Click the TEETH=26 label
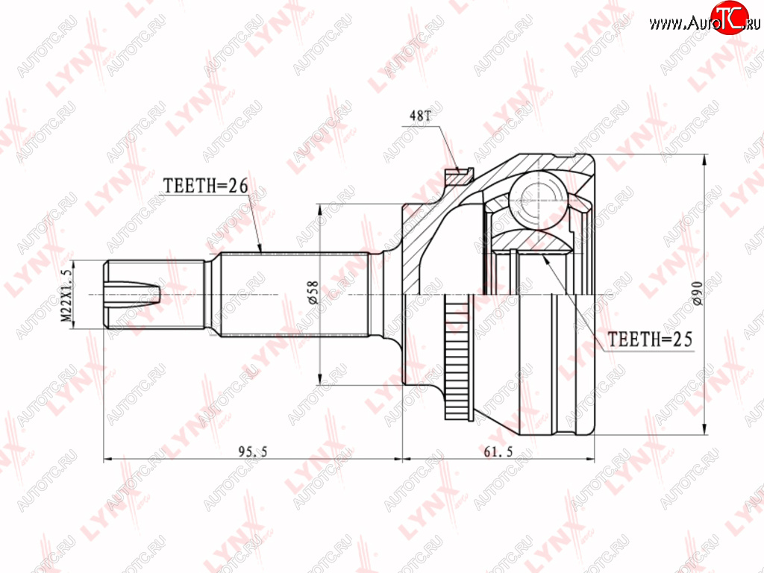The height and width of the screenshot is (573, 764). [x=205, y=186]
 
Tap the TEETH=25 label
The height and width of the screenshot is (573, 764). [x=650, y=339]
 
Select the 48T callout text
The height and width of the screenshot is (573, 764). [x=420, y=116]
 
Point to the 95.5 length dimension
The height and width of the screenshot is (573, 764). [x=252, y=451]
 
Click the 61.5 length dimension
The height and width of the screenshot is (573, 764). [x=498, y=451]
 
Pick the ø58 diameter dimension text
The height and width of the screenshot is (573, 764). [x=313, y=292]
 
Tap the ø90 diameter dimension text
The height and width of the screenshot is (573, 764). [x=698, y=293]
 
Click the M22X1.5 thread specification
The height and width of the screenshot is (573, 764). [x=66, y=295]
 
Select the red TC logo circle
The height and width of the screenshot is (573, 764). [x=730, y=18]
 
